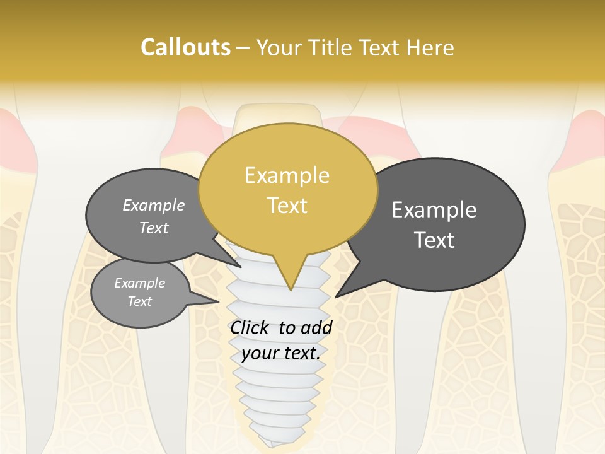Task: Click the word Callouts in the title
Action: pyautogui.click(x=185, y=47)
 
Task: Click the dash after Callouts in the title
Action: pyautogui.click(x=243, y=48)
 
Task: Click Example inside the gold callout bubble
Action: pyautogui.click(x=287, y=175)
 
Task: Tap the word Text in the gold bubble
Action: pyautogui.click(x=287, y=205)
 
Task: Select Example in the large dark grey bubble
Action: pyautogui.click(x=434, y=210)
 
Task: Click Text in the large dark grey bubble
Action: pyautogui.click(x=434, y=240)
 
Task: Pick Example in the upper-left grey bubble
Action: pyautogui.click(x=153, y=205)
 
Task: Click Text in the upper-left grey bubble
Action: pyautogui.click(x=153, y=228)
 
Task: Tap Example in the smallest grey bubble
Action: pyautogui.click(x=139, y=283)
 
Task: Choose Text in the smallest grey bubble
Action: pyautogui.click(x=139, y=301)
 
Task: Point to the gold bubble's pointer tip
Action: pyautogui.click(x=290, y=290)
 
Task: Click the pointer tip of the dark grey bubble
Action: pyautogui.click(x=336, y=296)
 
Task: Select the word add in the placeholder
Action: pyautogui.click(x=317, y=327)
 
